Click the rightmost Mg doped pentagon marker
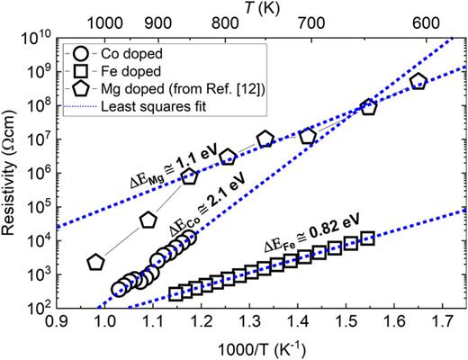click(x=418, y=82)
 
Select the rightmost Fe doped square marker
click(x=367, y=239)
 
